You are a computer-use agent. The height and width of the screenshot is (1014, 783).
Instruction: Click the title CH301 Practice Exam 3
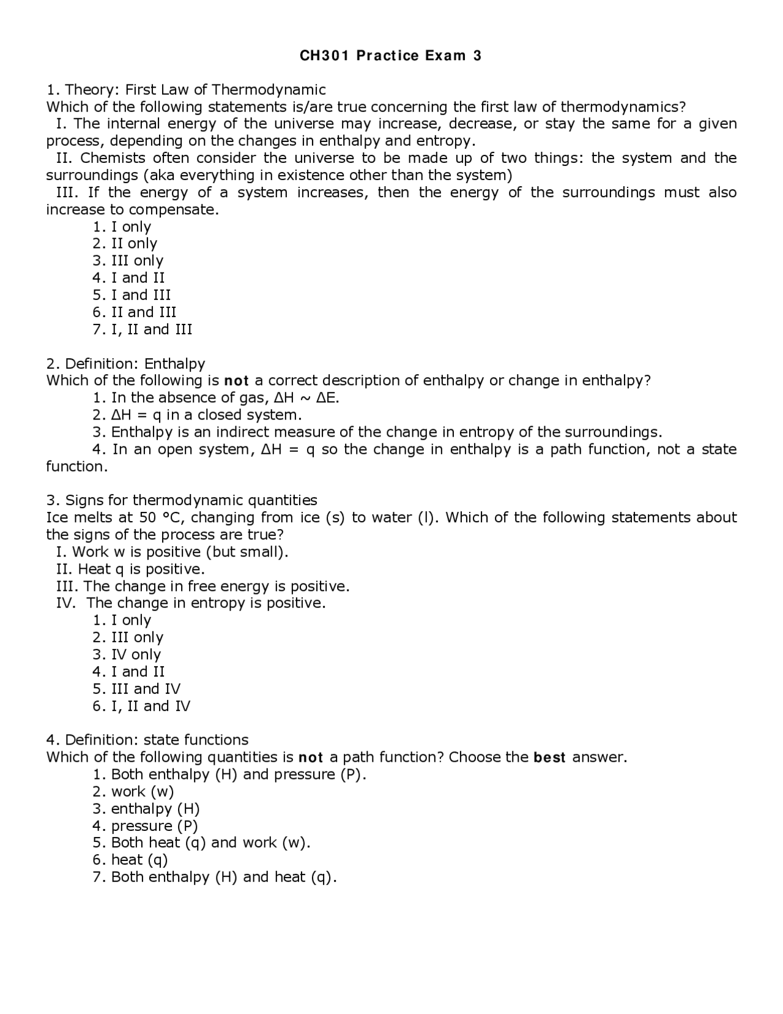390,56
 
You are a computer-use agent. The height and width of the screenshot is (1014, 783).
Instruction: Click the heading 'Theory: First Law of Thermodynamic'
195,89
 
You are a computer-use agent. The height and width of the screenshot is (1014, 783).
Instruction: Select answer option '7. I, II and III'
143,329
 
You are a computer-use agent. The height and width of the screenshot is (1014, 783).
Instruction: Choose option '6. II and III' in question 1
135,312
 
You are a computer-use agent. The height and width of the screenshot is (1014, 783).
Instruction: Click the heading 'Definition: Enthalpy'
135,364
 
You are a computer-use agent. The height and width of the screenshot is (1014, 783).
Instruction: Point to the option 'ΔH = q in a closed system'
197,415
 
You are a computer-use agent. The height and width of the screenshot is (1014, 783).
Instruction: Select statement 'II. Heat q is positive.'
130,569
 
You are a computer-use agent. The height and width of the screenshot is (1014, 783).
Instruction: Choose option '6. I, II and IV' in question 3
141,706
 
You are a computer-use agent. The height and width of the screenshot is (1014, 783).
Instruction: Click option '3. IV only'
127,655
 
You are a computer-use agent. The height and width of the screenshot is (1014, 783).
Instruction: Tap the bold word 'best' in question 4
549,757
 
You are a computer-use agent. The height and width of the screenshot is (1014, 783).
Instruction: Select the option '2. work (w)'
133,792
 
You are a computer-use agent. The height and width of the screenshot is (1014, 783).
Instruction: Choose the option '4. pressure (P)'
146,826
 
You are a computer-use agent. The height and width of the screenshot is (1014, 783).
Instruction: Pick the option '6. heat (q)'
130,860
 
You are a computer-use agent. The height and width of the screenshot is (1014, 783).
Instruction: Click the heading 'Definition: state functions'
156,740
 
